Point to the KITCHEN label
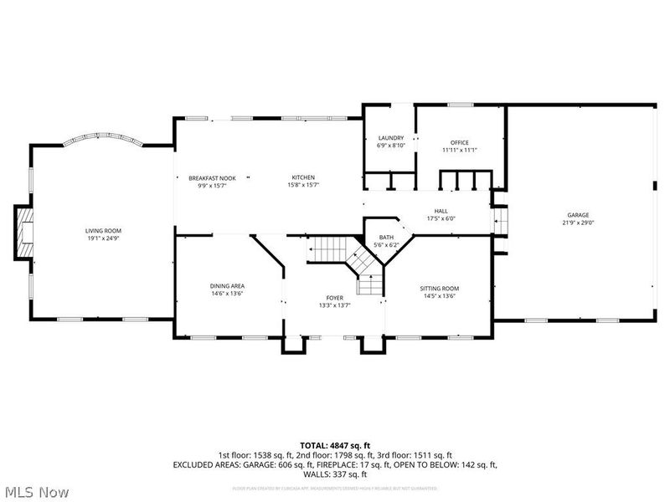[x=303, y=177]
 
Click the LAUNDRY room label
[x=391, y=138]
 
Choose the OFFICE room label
[x=459, y=142]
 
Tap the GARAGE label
[x=578, y=215]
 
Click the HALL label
[x=441, y=211]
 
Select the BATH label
[x=386, y=237]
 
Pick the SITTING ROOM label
[x=439, y=289]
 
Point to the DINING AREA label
[x=227, y=286]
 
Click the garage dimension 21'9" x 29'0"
[x=578, y=223]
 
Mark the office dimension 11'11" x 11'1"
[x=459, y=150]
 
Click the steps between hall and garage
[x=502, y=223]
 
